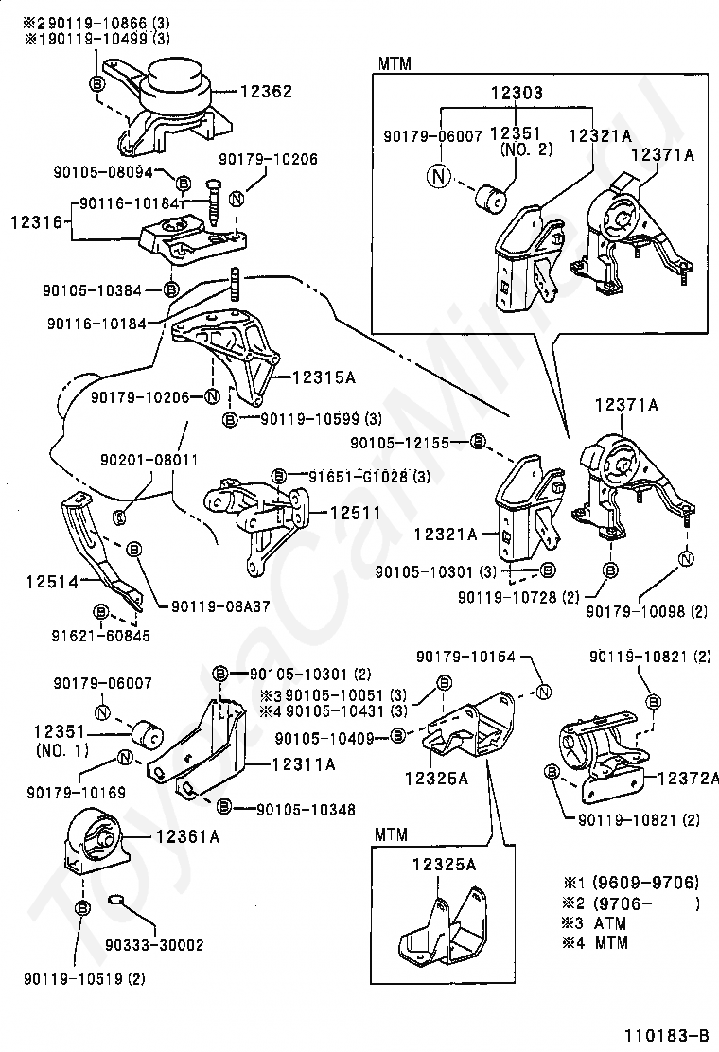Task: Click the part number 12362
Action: click(x=266, y=92)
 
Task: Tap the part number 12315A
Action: click(x=323, y=377)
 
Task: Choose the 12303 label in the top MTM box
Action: click(x=516, y=94)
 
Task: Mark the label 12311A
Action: click(x=304, y=765)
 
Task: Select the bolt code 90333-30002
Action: click(x=154, y=944)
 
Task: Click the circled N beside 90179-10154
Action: click(x=543, y=693)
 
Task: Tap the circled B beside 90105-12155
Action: click(x=478, y=441)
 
